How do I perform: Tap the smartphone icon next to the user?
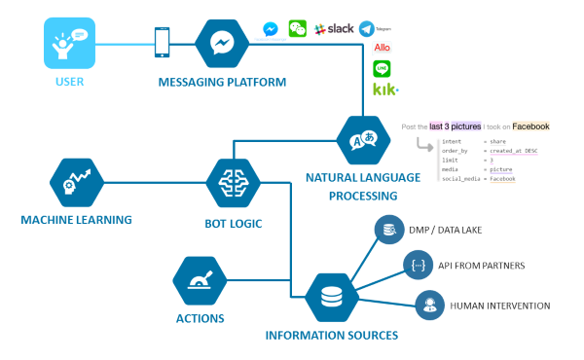pos(163,42)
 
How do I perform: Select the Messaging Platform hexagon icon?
pos(222,44)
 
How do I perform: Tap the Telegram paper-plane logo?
pos(367,29)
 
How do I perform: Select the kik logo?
pos(384,90)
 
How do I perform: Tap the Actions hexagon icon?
pos(199,280)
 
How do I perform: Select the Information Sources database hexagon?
pos(331,298)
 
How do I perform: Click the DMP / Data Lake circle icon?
pos(388,230)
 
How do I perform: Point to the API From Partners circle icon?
pos(417,265)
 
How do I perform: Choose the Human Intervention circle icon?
pos(428,306)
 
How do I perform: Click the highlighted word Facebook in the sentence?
pos(532,126)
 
